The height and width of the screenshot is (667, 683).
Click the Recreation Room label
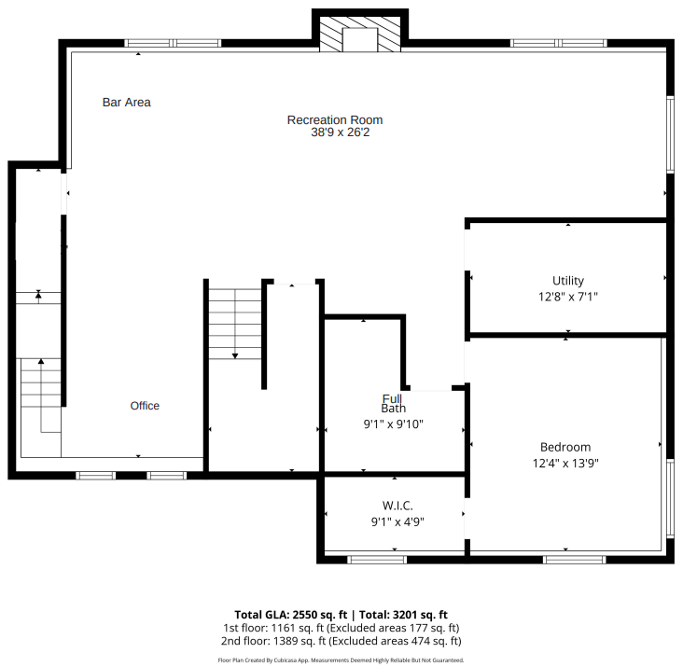click(334, 119)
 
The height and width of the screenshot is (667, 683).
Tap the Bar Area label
click(126, 103)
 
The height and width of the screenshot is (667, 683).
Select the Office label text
click(145, 406)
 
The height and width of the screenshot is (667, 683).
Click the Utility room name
click(567, 281)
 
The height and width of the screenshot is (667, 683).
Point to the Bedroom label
click(565, 447)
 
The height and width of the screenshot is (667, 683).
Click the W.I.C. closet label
click(397, 506)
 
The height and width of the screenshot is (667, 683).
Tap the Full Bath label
click(393, 404)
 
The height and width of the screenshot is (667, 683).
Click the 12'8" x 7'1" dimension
click(567, 297)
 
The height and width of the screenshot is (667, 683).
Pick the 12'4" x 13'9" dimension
click(565, 463)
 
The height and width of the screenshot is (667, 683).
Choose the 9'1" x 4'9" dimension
click(397, 521)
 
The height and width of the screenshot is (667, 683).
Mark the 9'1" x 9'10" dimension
click(393, 424)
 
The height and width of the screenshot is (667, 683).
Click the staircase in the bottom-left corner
click(40, 396)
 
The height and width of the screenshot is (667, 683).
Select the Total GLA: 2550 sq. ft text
click(290, 615)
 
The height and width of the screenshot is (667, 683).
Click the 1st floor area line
click(341, 628)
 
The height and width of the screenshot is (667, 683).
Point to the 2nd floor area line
click(341, 641)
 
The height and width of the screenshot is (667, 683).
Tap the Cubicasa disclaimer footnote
click(341, 660)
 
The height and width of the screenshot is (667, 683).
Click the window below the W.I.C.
click(377, 559)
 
